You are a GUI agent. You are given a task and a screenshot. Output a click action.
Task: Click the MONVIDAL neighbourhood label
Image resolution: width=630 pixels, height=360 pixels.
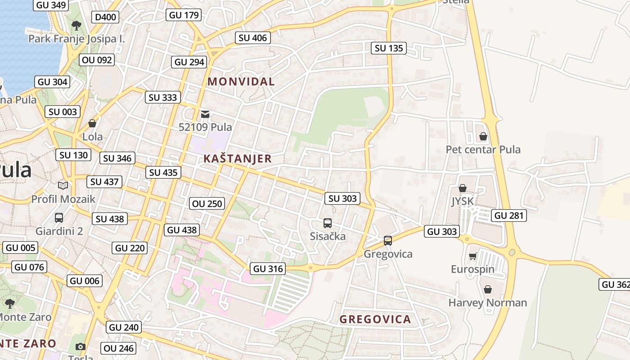click(x=241, y=81)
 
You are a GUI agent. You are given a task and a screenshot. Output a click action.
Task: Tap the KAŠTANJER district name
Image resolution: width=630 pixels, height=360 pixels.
click(x=238, y=158)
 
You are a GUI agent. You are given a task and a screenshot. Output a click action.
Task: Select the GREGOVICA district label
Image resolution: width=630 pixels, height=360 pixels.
click(x=375, y=319)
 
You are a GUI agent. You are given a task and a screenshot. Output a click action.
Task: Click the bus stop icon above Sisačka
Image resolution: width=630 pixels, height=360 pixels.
click(x=328, y=223)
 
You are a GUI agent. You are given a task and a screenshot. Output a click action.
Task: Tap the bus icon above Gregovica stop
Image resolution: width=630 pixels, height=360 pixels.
click(x=388, y=240)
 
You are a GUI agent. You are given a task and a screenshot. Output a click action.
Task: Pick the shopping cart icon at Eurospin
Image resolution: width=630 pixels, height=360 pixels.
click(x=472, y=256)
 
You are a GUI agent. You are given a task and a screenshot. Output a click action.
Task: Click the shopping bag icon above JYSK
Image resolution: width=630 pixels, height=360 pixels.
click(x=462, y=188)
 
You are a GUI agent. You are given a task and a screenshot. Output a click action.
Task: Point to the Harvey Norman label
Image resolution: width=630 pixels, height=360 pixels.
click(x=487, y=303)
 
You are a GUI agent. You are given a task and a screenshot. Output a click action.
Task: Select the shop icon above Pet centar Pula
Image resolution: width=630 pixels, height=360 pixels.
click(x=483, y=136)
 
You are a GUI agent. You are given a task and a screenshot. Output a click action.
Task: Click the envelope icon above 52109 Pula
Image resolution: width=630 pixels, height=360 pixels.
click(x=205, y=114)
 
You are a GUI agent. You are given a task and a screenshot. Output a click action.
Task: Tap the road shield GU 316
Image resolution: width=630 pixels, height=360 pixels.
click(x=268, y=269)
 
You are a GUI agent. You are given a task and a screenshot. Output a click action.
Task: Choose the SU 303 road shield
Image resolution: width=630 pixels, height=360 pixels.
click(x=342, y=198)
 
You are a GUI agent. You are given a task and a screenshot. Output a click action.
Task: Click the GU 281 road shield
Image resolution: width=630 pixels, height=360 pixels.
click(x=508, y=216)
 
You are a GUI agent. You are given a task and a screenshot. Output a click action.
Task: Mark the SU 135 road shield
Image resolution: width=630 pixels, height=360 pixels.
click(x=389, y=48)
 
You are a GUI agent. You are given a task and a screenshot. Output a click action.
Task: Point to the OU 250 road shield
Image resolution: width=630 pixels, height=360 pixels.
click(x=207, y=203)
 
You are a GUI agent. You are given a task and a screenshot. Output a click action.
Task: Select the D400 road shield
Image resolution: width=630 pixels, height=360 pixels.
click(x=106, y=18)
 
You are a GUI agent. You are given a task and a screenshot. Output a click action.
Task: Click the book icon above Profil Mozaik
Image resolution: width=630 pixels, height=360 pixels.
click(x=63, y=185)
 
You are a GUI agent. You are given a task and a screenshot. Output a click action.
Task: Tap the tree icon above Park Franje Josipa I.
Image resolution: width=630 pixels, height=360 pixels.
click(x=76, y=25)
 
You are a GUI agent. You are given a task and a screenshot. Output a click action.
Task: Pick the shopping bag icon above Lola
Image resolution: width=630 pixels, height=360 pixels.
click(x=92, y=123)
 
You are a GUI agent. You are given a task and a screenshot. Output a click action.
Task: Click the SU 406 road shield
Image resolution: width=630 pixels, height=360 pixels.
click(x=252, y=38)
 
